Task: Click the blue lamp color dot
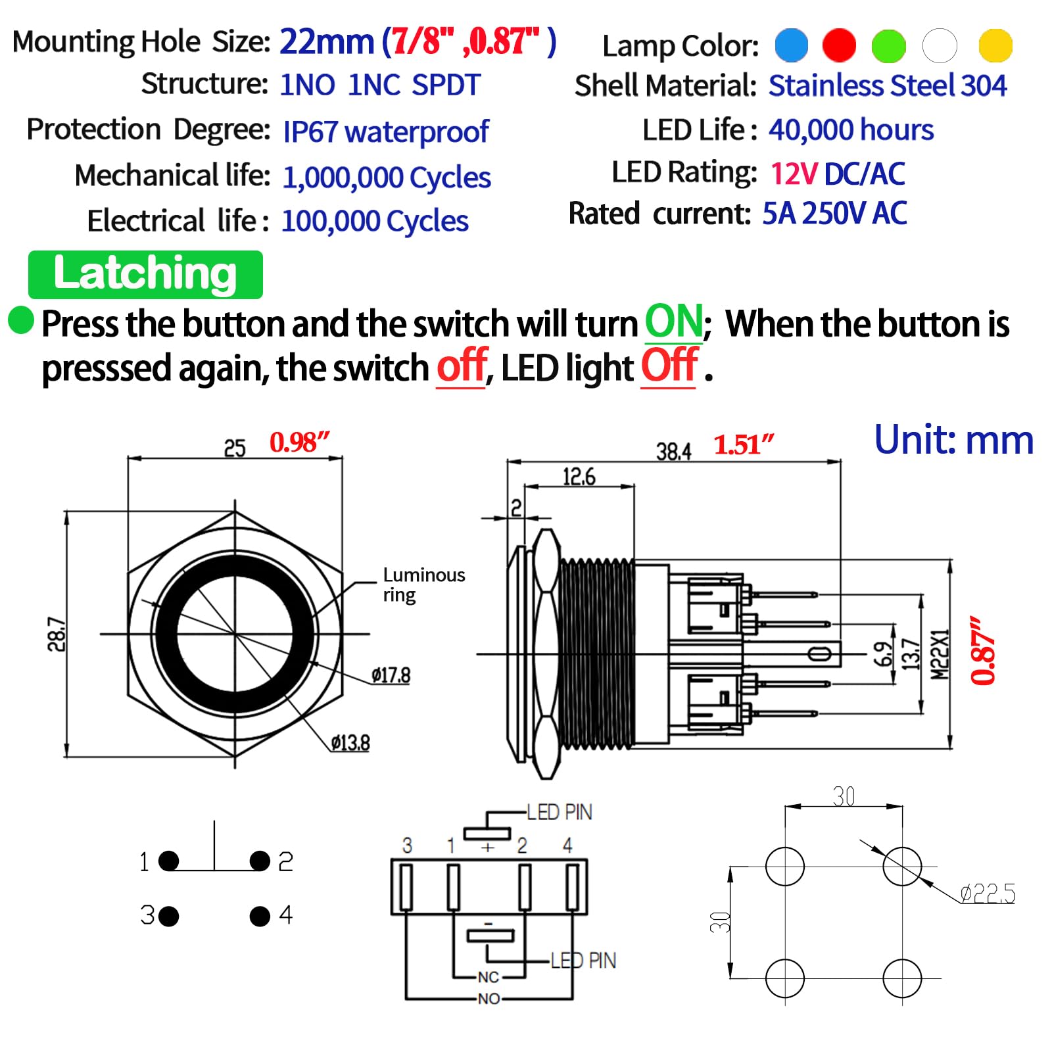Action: pos(791,45)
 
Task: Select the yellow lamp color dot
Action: pos(995,45)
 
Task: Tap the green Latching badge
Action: pos(145,274)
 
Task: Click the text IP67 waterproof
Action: pos(385,131)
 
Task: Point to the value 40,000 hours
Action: pos(851,130)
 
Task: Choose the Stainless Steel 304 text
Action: pos(887,85)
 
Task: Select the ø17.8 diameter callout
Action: pos(391,675)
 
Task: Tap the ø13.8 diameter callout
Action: pos(350,743)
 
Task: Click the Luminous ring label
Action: pos(423,585)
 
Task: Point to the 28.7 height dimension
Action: pos(57,634)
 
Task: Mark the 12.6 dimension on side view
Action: pos(579,477)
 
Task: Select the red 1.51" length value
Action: pos(744,445)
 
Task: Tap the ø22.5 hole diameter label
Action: pos(987,894)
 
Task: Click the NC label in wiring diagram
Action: pos(488,977)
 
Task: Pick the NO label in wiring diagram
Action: pos(489,999)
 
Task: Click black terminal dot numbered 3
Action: pos(169,916)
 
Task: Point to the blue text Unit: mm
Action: pos(953,440)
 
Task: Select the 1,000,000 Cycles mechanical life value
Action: pos(387,178)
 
